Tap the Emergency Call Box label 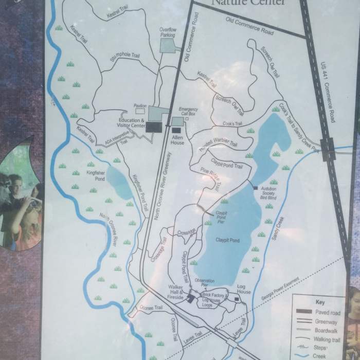[188, 112]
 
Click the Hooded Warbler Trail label [218, 147]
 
